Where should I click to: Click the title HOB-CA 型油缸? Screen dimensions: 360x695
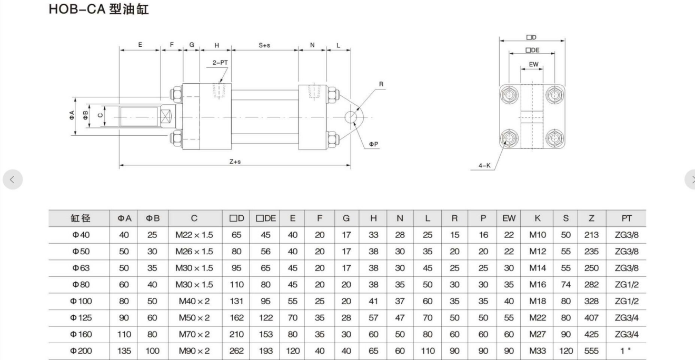click(99, 10)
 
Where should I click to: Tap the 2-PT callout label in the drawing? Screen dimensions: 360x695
click(220, 62)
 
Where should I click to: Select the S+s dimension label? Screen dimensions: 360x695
click(264, 45)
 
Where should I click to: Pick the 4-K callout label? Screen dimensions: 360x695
click(484, 165)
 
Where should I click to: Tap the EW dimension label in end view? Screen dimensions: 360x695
click(533, 64)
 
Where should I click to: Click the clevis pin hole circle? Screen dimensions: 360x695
click(352, 116)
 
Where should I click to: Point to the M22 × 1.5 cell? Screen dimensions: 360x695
click(194, 235)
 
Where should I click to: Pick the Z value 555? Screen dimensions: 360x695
click(591, 351)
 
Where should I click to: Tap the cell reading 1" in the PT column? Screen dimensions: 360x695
click(627, 351)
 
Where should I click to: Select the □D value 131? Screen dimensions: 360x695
click(236, 302)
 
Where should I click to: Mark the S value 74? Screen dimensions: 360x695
click(565, 285)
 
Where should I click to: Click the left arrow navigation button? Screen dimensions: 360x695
click(13, 179)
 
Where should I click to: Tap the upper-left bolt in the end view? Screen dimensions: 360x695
click(509, 95)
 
